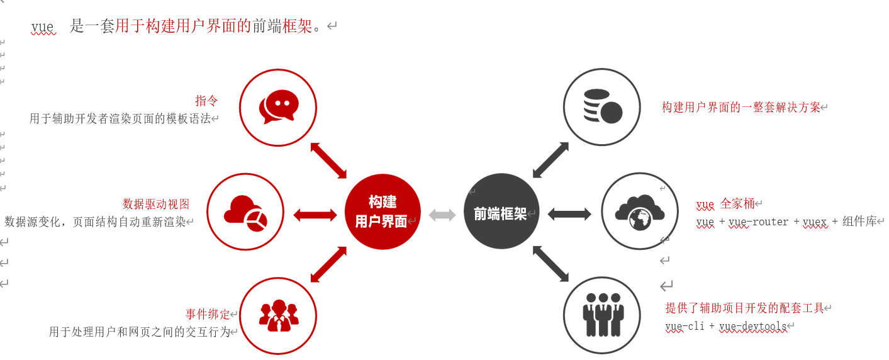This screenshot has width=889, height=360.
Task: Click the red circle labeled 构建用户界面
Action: point(383,211)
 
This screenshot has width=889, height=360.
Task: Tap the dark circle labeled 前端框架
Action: point(501,211)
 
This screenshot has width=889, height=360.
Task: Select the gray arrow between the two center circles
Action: point(442,215)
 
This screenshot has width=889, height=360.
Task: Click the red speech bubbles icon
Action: point(278,106)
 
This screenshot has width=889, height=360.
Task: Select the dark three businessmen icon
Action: point(602,315)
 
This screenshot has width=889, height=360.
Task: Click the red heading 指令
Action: point(206,101)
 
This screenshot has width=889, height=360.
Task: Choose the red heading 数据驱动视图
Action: point(156,204)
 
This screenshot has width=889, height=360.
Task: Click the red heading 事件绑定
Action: point(208,314)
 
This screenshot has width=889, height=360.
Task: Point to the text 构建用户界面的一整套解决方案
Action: point(741,108)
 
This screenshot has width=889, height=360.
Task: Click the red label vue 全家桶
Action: point(725,205)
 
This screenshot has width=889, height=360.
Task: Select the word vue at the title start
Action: point(43,27)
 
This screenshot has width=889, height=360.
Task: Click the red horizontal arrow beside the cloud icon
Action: point(315,215)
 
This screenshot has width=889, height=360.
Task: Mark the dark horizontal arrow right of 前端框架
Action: point(569,214)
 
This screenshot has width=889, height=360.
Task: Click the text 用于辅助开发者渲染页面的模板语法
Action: point(120,118)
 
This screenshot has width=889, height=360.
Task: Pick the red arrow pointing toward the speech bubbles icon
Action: point(328,160)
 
